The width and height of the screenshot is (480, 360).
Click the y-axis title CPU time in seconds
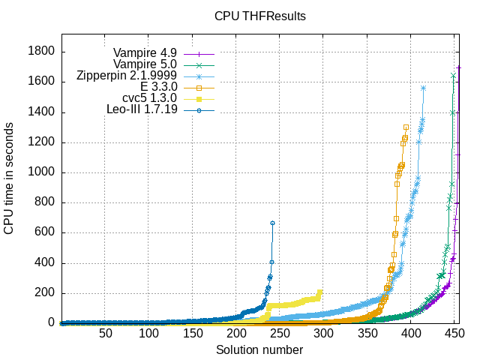click(x=9, y=179)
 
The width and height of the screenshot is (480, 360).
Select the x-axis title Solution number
click(x=259, y=350)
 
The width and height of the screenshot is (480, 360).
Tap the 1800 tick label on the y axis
click(x=42, y=52)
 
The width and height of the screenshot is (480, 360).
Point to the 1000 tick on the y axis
click(x=42, y=172)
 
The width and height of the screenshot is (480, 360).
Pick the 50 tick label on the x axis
click(x=105, y=333)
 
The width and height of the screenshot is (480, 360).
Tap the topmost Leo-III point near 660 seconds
click(x=272, y=223)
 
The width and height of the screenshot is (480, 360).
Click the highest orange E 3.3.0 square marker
click(x=406, y=127)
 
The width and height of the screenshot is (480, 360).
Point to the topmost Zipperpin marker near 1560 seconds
click(x=424, y=88)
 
